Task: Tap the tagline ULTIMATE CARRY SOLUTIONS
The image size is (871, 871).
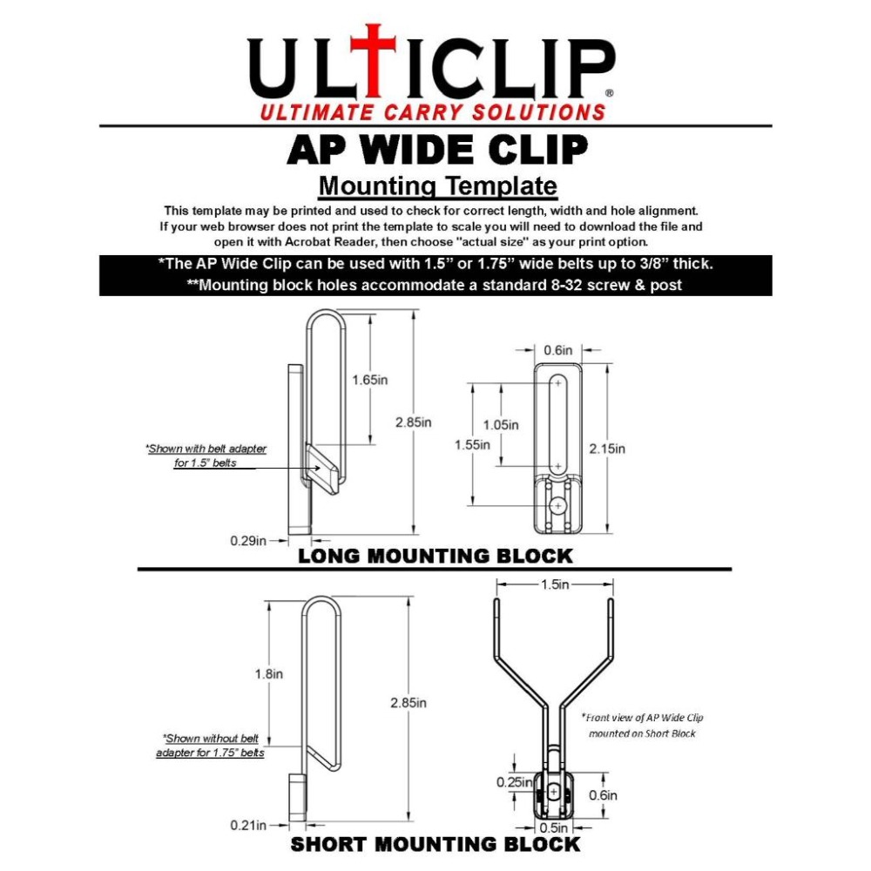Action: pos(433,112)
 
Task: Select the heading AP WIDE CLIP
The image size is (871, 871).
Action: pos(436,150)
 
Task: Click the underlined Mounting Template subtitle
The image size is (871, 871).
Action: pos(437,186)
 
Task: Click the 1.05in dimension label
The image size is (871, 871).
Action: pos(500,425)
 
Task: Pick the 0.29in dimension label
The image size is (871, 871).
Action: pos(248,540)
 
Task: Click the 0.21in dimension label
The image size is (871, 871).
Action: pos(248,825)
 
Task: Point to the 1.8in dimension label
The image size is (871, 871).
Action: pos(270,673)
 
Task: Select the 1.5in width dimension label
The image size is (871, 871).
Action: pos(554,585)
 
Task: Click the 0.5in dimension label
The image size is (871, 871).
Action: pos(554,827)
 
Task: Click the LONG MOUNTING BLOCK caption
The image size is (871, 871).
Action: pos(435,556)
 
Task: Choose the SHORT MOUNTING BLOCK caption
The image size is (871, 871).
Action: pos(435,844)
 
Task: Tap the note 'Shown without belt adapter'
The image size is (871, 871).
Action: pos(210,745)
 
